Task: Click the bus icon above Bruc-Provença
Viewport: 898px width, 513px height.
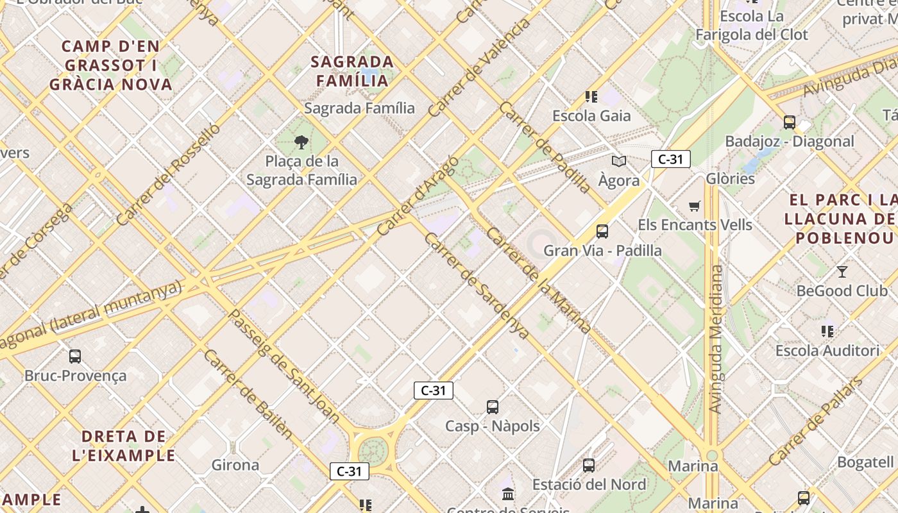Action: (x=75, y=357)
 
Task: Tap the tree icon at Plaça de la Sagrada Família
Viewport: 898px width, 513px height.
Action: (x=301, y=142)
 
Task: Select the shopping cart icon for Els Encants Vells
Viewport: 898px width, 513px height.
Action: (x=695, y=206)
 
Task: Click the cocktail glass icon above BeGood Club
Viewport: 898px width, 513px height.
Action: (x=842, y=272)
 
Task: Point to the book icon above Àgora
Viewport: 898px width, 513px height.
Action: (x=618, y=162)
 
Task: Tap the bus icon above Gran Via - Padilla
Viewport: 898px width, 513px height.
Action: (x=602, y=231)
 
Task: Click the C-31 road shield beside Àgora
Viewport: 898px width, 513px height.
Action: (x=670, y=159)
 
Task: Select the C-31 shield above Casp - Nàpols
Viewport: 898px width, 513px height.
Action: (x=434, y=390)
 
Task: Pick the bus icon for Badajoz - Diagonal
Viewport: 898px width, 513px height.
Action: (x=790, y=122)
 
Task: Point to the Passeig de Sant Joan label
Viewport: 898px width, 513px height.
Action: (x=285, y=366)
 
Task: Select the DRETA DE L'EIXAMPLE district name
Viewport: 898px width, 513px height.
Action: (x=128, y=446)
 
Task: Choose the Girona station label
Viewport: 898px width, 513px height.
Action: (x=235, y=465)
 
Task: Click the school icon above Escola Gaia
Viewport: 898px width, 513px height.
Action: (x=591, y=97)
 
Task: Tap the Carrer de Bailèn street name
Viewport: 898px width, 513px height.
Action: (x=248, y=394)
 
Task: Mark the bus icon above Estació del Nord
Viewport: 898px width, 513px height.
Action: (x=589, y=466)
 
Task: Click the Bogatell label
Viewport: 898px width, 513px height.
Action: (x=865, y=462)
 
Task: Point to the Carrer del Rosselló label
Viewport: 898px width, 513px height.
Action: (x=169, y=174)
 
